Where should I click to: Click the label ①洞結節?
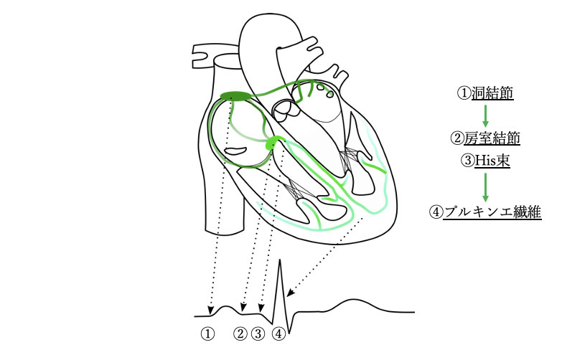[x=486, y=93]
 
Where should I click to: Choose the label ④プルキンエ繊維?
[x=485, y=213]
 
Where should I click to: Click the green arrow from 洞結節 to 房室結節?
[x=486, y=115]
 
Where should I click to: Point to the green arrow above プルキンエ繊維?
[x=486, y=187]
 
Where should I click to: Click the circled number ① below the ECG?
[x=207, y=334]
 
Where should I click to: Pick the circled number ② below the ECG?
[x=240, y=334]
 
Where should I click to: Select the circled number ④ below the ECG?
[x=278, y=334]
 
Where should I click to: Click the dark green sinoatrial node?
[x=234, y=96]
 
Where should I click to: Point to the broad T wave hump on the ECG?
[x=345, y=302]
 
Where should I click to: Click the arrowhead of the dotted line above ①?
[x=210, y=311]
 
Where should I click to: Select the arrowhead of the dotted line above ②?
[x=244, y=310]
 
